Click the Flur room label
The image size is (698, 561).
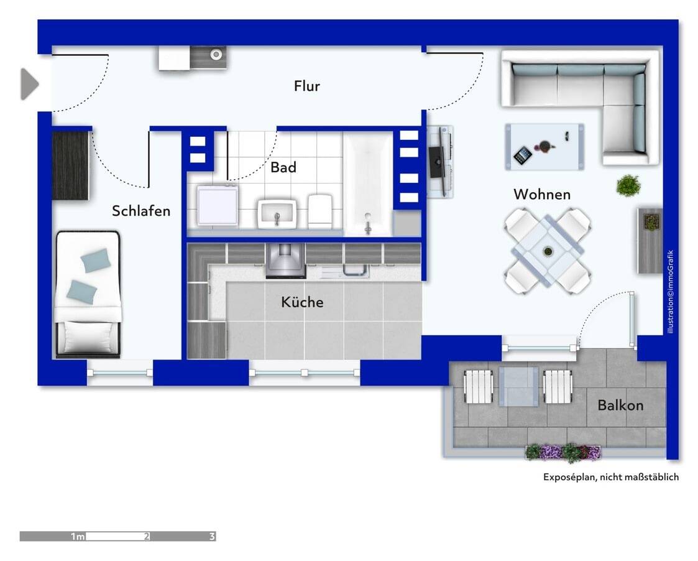tap(306, 86)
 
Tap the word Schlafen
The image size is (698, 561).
tap(141, 211)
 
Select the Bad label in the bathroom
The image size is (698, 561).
tap(283, 167)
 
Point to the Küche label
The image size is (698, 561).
tap(302, 302)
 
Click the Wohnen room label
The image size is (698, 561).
tap(541, 194)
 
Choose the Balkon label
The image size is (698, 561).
tap(620, 406)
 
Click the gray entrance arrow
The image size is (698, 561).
tap(29, 84)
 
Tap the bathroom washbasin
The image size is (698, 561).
tap(277, 214)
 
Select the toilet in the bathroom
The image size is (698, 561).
tap(321, 211)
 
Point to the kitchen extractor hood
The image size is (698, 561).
tap(286, 261)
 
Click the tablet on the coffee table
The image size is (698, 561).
tap(523, 155)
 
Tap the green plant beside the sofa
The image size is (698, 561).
tap(628, 185)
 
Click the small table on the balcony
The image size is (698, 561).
tap(518, 386)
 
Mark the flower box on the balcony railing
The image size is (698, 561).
tap(563, 452)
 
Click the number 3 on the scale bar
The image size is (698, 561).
tap(212, 536)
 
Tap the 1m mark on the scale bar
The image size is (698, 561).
tap(78, 536)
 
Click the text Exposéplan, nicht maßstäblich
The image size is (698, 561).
tap(611, 477)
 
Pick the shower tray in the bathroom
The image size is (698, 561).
tap(218, 206)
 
